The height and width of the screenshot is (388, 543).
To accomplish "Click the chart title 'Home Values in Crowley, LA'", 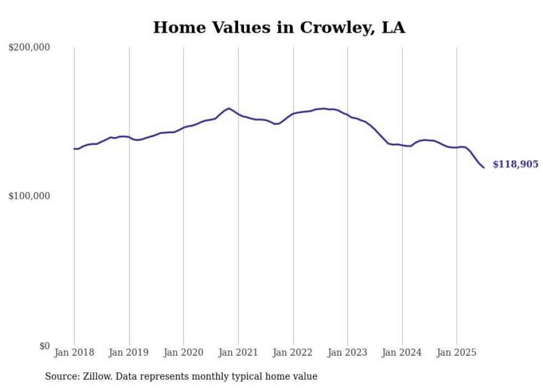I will coord(279,28).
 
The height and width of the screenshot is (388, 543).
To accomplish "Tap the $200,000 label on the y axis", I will coord(29,48).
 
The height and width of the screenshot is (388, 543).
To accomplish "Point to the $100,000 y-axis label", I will coord(29,196).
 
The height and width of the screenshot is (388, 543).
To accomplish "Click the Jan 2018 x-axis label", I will coord(74,352).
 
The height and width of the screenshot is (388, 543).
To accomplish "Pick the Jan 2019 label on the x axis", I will coord(129,352).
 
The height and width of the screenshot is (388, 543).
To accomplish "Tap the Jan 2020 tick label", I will coord(183,352).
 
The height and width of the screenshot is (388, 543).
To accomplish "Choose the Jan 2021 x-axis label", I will coord(238,352).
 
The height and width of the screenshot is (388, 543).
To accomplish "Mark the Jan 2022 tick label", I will coord(293,352).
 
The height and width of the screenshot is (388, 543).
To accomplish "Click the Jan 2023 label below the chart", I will coord(347,352).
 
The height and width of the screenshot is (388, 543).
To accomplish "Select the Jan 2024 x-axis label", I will coord(402,352).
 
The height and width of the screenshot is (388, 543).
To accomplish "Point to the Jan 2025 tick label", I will coord(457,352).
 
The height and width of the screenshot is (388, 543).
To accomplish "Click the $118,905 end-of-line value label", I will coord(515,164).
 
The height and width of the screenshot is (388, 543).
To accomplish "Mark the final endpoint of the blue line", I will coord(484,168).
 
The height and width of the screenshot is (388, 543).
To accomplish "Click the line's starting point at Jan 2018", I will coord(74,149).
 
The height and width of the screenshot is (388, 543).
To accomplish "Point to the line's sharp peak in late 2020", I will coord(229,108).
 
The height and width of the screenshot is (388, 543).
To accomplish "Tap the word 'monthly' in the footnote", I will coord(222,376).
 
